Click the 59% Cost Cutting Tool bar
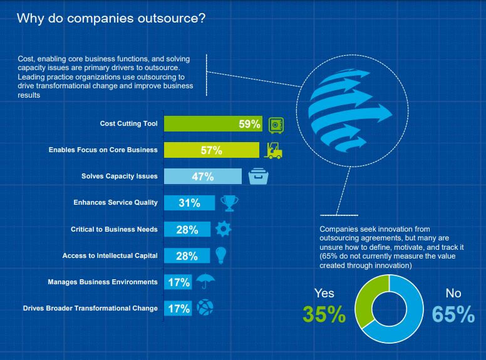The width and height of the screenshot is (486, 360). (213, 123)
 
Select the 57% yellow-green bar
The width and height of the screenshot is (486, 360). (212, 150)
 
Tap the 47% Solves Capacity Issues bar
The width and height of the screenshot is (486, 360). (203, 177)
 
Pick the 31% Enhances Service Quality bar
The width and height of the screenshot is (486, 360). (189, 203)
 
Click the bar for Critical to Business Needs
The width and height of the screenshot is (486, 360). (187, 229)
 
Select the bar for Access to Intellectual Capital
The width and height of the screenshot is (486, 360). (187, 255)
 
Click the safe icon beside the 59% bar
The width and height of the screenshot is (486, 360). (276, 125)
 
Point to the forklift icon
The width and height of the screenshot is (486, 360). (273, 150)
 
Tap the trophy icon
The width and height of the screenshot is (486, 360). (229, 203)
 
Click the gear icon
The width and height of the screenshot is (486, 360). (223, 229)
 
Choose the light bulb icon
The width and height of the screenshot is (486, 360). (220, 255)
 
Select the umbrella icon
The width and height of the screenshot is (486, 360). (205, 281)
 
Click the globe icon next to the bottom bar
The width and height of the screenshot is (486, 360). (205, 307)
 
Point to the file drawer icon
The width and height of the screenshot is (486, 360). (259, 177)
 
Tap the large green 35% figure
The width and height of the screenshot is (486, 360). (324, 314)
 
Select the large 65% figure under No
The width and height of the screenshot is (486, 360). (453, 314)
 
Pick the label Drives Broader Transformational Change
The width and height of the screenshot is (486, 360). (90, 308)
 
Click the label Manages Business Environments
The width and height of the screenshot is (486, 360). (103, 282)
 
